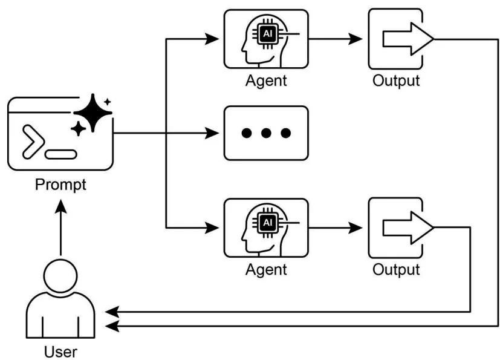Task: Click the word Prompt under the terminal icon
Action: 60,184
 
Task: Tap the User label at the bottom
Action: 61,351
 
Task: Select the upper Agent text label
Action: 266,80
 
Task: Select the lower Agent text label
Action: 266,269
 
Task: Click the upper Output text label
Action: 396,80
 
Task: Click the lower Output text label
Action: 396,269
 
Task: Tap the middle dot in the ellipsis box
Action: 266,133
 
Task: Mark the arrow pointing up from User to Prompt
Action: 60,227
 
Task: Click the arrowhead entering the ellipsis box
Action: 212,133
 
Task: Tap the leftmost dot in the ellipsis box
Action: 246,133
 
